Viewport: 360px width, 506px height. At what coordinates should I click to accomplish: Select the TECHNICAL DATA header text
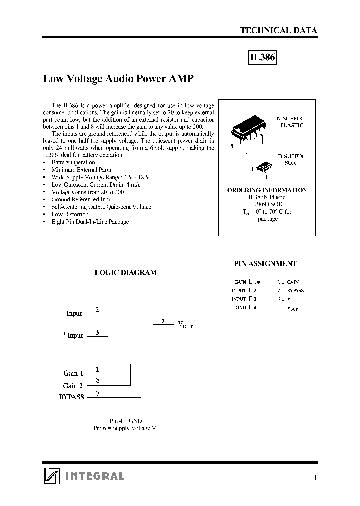(x=278, y=30)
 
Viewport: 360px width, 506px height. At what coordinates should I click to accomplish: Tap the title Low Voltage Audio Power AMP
(x=118, y=79)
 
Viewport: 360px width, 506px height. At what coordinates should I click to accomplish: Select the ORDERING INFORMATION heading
(x=267, y=190)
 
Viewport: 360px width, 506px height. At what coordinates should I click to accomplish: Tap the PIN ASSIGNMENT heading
(x=265, y=263)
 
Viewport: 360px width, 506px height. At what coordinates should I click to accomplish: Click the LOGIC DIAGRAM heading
(x=126, y=273)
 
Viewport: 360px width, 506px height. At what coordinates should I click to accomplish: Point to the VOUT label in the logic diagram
(x=185, y=325)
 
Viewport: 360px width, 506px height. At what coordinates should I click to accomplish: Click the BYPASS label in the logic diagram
(x=71, y=397)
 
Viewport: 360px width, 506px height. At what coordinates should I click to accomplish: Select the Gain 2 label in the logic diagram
(x=73, y=386)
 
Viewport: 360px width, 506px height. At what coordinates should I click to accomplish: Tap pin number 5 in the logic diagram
(x=163, y=320)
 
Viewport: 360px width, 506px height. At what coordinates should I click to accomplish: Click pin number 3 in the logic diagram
(x=97, y=332)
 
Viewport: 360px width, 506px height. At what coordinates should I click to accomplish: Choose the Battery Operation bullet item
(x=73, y=162)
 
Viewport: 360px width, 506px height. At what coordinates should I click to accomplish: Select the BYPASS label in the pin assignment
(x=295, y=290)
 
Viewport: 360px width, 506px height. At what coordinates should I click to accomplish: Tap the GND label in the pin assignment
(x=241, y=308)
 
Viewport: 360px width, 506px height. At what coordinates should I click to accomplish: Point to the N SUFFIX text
(x=290, y=118)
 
